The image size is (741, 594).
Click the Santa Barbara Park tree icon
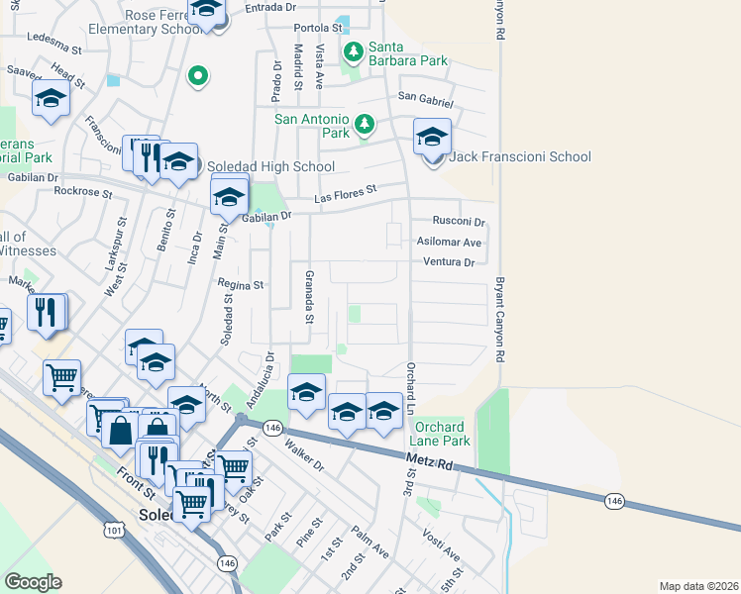tap(352, 49)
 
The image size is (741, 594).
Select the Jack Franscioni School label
tap(520, 156)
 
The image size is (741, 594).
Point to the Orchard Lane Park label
tap(442, 433)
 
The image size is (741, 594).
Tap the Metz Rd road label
tap(428, 459)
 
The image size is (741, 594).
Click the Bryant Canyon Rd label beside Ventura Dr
tap(501, 318)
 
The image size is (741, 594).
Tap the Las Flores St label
tap(347, 194)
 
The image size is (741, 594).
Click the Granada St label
tap(308, 296)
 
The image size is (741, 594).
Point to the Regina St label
tap(243, 284)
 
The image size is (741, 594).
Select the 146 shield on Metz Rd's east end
tap(614, 502)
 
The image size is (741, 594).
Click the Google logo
tap(33, 582)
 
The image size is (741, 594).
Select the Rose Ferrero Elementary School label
tap(146, 23)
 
